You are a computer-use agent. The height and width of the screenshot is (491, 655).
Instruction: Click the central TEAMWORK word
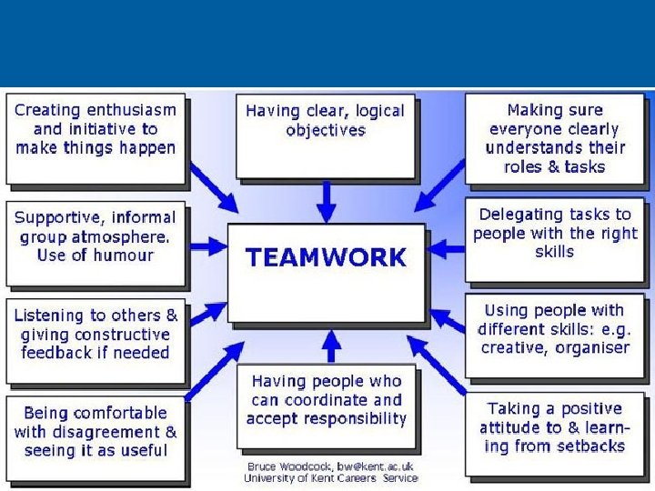click(326, 257)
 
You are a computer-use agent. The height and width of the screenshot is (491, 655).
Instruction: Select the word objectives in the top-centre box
click(326, 130)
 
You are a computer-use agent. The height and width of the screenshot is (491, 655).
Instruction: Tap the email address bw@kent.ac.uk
click(375, 466)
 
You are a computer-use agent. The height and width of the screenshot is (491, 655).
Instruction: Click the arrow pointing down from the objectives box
click(326, 199)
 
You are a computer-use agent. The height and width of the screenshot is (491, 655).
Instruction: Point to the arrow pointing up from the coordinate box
click(333, 345)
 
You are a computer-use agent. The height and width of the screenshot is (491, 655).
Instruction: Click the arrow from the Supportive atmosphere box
click(207, 245)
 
